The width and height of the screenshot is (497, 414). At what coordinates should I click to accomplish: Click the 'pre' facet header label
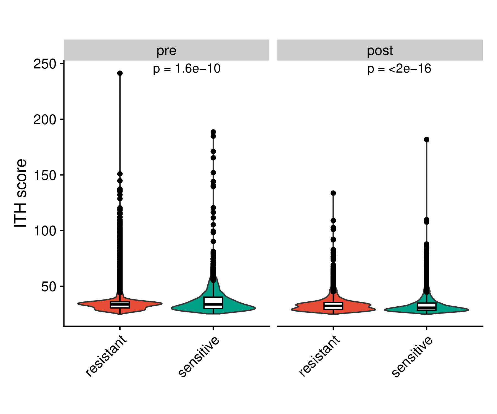(166, 51)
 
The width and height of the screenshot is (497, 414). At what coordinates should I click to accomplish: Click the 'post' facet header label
(380, 51)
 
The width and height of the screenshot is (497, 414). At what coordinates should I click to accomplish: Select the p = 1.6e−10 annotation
(187, 68)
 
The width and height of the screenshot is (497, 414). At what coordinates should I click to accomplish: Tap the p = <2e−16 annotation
(399, 68)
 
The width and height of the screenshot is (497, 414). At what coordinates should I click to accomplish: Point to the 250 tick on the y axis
(45, 64)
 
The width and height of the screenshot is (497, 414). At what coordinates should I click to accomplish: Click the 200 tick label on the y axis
(45, 120)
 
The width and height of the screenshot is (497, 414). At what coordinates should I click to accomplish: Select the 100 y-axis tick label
(45, 231)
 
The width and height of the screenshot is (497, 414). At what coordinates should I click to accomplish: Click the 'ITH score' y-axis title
(21, 193)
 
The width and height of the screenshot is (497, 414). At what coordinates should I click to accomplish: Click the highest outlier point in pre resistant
(120, 73)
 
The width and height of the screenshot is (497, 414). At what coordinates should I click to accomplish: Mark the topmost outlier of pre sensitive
(213, 132)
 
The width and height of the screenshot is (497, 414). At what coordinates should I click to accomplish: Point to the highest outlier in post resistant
(333, 193)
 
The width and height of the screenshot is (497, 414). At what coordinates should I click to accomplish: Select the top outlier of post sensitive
(427, 139)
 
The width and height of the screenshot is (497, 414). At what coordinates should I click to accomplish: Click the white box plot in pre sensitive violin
(213, 302)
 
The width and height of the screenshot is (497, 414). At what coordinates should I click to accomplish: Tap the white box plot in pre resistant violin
(120, 305)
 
